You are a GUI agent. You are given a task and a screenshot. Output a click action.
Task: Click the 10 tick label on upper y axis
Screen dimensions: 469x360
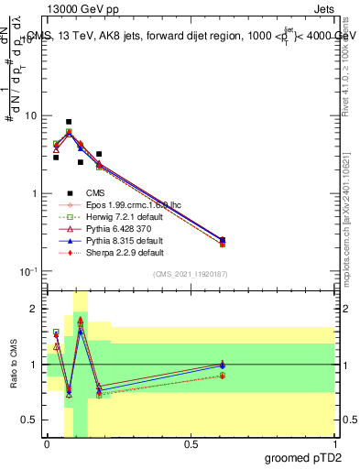[30, 116]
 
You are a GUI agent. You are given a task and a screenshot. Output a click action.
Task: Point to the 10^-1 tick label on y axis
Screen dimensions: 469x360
[28, 271]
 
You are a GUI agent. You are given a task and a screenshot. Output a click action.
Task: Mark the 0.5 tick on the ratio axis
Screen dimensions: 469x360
[30, 420]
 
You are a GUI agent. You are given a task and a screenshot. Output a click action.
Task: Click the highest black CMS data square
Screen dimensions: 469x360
[69, 122]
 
